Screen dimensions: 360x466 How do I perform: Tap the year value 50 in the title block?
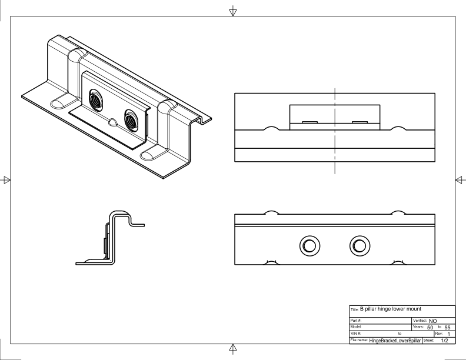click(x=430, y=326)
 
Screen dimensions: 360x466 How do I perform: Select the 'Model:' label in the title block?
click(x=357, y=326)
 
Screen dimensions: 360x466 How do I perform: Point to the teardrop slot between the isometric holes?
click(x=112, y=122)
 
